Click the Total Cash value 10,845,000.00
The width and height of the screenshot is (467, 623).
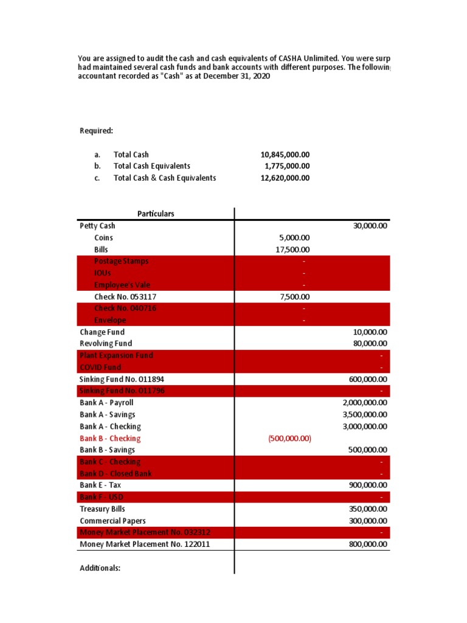pyautogui.click(x=285, y=155)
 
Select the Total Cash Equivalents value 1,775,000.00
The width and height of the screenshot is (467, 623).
pyautogui.click(x=287, y=166)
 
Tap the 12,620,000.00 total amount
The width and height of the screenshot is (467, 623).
pyautogui.click(x=285, y=178)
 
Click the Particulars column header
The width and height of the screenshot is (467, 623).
pyautogui.click(x=156, y=214)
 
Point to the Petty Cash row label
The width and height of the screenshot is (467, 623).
pyautogui.click(x=97, y=226)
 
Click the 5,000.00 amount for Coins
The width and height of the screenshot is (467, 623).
pyautogui.click(x=294, y=238)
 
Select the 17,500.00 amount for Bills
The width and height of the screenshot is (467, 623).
pyautogui.click(x=292, y=249)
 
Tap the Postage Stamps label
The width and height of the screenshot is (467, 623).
pyautogui.click(x=121, y=261)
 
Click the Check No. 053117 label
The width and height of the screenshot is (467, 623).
pyautogui.click(x=122, y=296)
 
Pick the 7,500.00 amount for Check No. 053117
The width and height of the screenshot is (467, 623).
pyautogui.click(x=294, y=297)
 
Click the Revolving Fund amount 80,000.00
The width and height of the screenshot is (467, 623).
pyautogui.click(x=370, y=344)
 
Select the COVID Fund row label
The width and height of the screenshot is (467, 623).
pyautogui.click(x=100, y=367)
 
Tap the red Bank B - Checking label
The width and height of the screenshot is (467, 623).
pyautogui.click(x=110, y=438)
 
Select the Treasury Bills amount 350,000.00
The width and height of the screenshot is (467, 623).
pyautogui.click(x=367, y=509)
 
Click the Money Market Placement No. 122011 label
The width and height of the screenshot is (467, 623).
pyautogui.click(x=145, y=544)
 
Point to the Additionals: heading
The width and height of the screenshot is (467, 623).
pyautogui.click(x=100, y=568)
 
